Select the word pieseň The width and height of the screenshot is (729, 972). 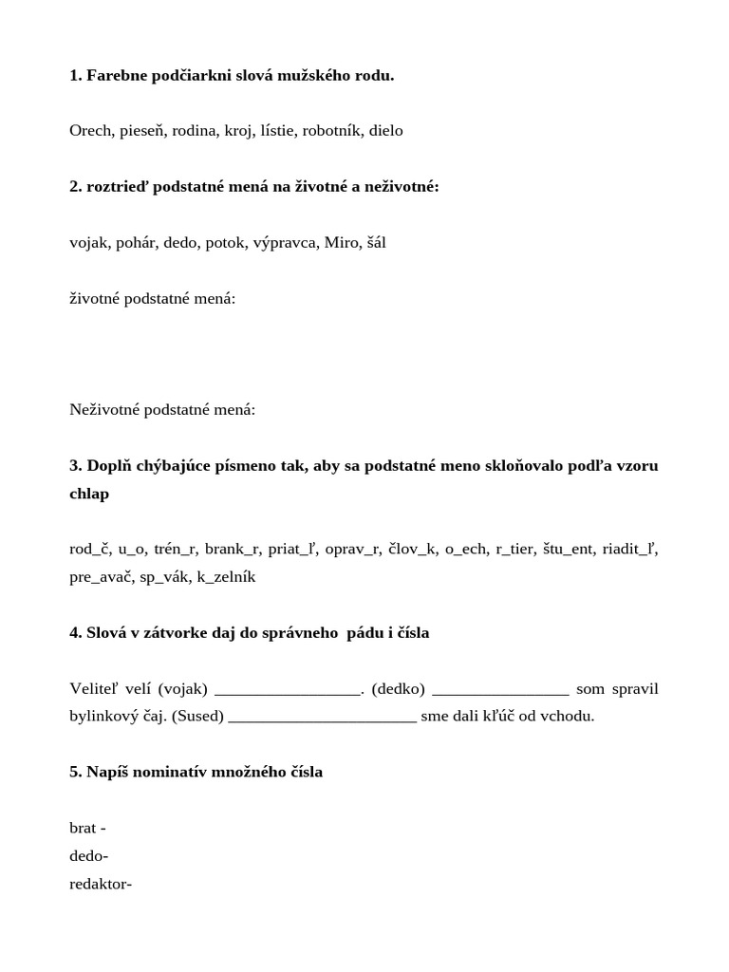[143, 131]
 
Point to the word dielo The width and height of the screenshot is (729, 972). [385, 131]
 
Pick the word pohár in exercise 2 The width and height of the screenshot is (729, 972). [137, 243]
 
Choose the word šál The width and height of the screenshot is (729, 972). [376, 243]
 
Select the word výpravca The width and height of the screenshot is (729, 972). [284, 243]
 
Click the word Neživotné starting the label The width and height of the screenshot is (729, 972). [105, 410]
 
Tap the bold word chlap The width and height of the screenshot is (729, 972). [89, 494]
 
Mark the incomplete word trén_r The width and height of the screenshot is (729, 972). [175, 550]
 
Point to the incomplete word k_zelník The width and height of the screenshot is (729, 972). [226, 577]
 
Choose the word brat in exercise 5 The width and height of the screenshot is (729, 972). [83, 829]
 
